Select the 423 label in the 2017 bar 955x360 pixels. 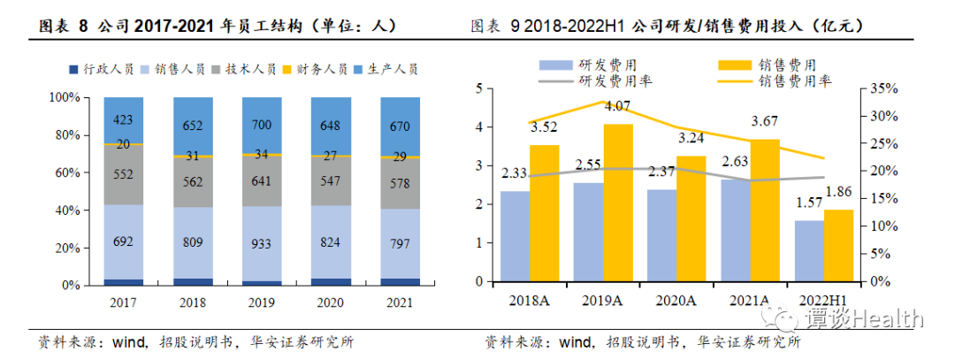tap(124, 120)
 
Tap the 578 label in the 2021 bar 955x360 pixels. tap(401, 182)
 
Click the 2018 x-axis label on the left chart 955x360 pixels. tap(193, 302)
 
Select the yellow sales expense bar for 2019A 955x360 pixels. tap(618, 203)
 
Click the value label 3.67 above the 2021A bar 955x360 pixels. tap(764, 121)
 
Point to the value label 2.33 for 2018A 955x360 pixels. tap(514, 174)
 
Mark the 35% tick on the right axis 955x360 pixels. tap(883, 88)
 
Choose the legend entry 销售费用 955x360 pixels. tap(786, 65)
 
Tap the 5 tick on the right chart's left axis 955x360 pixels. tap(478, 88)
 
